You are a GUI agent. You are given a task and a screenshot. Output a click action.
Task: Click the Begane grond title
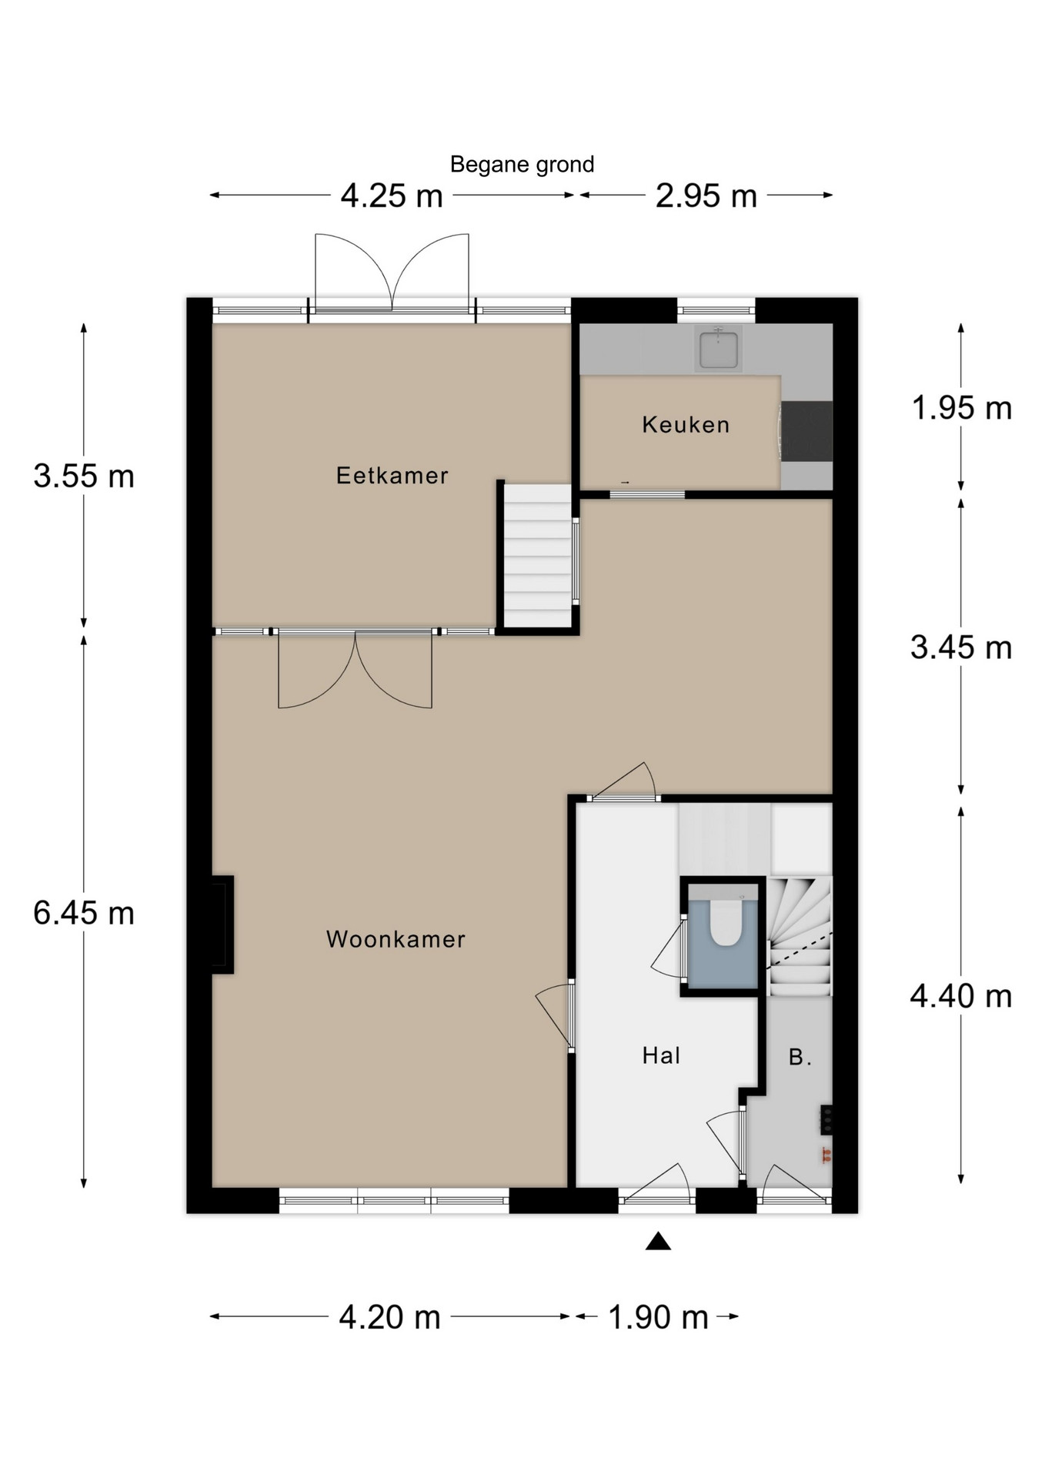[522, 165]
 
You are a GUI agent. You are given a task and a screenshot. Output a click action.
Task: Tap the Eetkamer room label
[392, 476]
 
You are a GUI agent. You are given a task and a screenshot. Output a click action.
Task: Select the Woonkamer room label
[396, 939]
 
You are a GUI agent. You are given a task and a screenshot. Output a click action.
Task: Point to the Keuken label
[686, 425]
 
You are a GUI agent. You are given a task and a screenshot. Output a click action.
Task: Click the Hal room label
[662, 1055]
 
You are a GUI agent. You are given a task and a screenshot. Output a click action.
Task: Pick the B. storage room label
[800, 1057]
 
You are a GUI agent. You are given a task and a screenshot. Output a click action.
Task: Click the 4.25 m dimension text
[392, 196]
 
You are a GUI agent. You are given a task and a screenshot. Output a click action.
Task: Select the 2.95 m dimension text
[706, 196]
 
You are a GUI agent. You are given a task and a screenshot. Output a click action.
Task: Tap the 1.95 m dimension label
[961, 408]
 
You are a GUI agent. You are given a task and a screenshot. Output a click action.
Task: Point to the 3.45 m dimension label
[961, 647]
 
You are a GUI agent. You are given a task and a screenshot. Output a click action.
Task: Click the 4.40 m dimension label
[961, 997]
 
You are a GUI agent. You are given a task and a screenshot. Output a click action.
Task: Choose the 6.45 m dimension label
[84, 914]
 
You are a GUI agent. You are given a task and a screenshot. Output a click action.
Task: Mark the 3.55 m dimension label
[84, 477]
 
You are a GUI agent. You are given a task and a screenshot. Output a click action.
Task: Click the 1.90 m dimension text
[658, 1317]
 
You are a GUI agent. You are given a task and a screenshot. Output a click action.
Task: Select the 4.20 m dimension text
[390, 1317]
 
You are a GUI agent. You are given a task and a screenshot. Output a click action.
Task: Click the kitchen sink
[719, 349]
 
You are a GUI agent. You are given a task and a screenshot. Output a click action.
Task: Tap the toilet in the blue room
[725, 922]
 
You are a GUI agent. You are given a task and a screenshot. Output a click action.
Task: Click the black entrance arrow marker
[658, 1241]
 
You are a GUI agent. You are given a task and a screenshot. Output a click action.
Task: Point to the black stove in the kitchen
[807, 431]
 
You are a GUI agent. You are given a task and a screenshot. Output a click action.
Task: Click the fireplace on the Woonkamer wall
[222, 925]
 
